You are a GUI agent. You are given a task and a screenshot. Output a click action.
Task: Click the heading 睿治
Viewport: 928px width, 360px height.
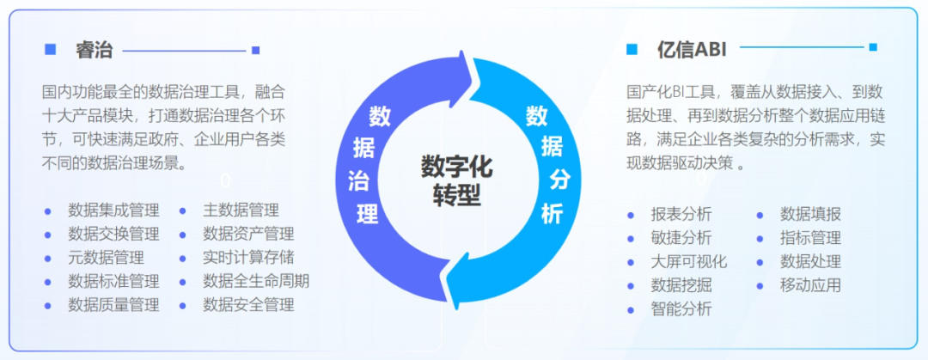(95, 50)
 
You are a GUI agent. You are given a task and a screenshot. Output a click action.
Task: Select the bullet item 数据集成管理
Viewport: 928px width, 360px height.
(113, 210)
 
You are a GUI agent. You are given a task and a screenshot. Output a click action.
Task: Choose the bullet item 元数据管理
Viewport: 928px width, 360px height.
(106, 257)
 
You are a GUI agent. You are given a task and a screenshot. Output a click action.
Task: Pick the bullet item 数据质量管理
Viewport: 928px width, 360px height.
(113, 304)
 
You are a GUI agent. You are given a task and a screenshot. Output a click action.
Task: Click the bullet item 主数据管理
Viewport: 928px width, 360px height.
(241, 210)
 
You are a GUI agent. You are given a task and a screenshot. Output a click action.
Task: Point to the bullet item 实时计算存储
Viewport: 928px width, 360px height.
(248, 257)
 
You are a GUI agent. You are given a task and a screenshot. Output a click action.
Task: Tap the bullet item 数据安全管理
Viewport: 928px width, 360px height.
(248, 304)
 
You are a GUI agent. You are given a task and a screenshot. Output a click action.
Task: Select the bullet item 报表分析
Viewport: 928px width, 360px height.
(681, 215)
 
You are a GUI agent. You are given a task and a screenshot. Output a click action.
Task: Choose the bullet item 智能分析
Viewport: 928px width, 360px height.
(681, 309)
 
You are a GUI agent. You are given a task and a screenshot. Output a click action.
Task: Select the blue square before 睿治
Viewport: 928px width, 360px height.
(50, 49)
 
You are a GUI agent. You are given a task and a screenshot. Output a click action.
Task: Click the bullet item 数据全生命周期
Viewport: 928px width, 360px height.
(256, 281)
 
